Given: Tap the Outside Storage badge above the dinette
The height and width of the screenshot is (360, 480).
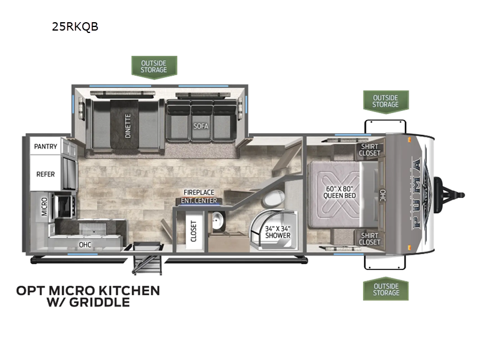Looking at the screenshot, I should pos(154,66).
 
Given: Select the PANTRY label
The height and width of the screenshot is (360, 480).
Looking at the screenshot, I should pos(46,146).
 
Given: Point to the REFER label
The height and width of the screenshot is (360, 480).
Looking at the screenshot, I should pos(46,173).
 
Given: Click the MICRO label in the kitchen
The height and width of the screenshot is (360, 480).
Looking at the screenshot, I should pos(44,206).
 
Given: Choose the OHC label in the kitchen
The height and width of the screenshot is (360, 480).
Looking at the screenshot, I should pos(85,245).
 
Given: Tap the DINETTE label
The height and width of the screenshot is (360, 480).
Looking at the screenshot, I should pos(128,126).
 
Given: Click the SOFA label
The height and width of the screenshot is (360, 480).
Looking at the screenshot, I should pos(200,127).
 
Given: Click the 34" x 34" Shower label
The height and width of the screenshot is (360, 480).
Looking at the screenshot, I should pos(278,232).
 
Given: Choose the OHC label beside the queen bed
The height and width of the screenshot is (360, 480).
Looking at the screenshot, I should pos(382,195).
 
